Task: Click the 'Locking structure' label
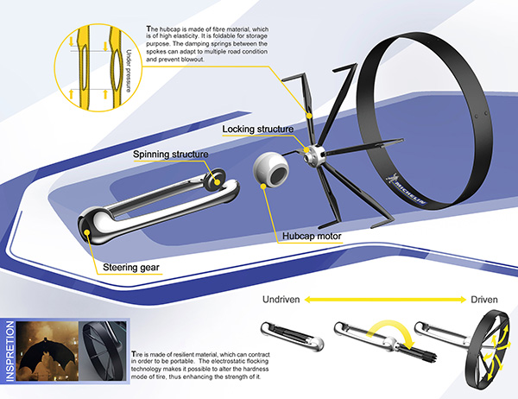(258, 130)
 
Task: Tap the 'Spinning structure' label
(169, 155)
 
